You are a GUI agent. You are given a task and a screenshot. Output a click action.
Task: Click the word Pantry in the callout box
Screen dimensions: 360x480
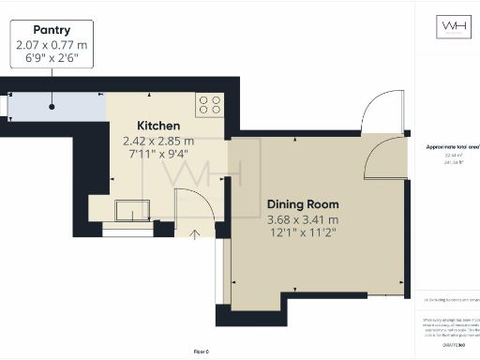pos(52,30)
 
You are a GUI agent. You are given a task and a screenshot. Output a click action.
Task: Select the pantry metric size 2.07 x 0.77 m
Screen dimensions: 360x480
pos(53,44)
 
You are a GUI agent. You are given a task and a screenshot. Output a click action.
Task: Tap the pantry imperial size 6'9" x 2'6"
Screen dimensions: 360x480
pos(53,57)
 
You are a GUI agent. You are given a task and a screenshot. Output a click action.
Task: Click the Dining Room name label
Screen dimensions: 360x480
pos(303,204)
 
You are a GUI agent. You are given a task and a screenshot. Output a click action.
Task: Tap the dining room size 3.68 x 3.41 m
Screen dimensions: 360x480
pos(303,219)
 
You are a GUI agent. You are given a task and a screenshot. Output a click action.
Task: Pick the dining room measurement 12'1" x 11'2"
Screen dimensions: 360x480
pos(303,232)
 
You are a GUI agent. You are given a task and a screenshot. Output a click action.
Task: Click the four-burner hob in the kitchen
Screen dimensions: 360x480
pos(208,104)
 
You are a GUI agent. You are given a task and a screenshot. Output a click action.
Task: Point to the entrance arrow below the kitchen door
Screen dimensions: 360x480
pos(195,233)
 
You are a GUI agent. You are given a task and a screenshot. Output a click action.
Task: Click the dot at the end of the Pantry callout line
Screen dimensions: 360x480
pos(52,107)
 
